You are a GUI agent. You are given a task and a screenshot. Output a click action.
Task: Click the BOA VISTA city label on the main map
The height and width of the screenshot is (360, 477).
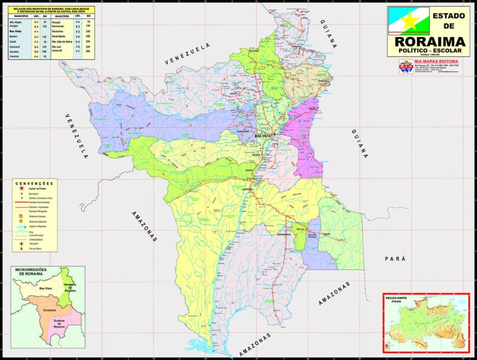tap(263, 136)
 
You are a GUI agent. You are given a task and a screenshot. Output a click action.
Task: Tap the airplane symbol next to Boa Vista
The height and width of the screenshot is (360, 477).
tap(275, 135)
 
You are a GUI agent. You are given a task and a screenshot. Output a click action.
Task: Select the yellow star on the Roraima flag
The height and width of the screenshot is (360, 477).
tap(409, 21)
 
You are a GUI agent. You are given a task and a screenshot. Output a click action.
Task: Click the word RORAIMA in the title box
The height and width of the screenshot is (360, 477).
tap(429, 41)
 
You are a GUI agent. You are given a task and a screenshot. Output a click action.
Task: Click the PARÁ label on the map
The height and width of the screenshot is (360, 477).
tap(395, 258)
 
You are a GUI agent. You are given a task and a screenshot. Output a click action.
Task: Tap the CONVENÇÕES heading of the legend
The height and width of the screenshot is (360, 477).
tap(34, 183)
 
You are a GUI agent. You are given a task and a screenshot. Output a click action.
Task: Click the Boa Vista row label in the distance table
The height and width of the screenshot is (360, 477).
tap(15, 31)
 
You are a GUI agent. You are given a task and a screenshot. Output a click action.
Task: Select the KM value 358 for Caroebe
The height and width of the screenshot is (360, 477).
tap(45, 51)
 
